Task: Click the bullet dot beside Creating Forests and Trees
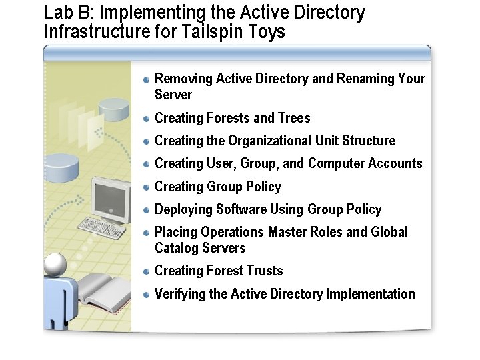pyautogui.click(x=147, y=119)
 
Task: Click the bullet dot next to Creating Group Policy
pyautogui.click(x=147, y=187)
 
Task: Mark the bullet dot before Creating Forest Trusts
pyautogui.click(x=147, y=271)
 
